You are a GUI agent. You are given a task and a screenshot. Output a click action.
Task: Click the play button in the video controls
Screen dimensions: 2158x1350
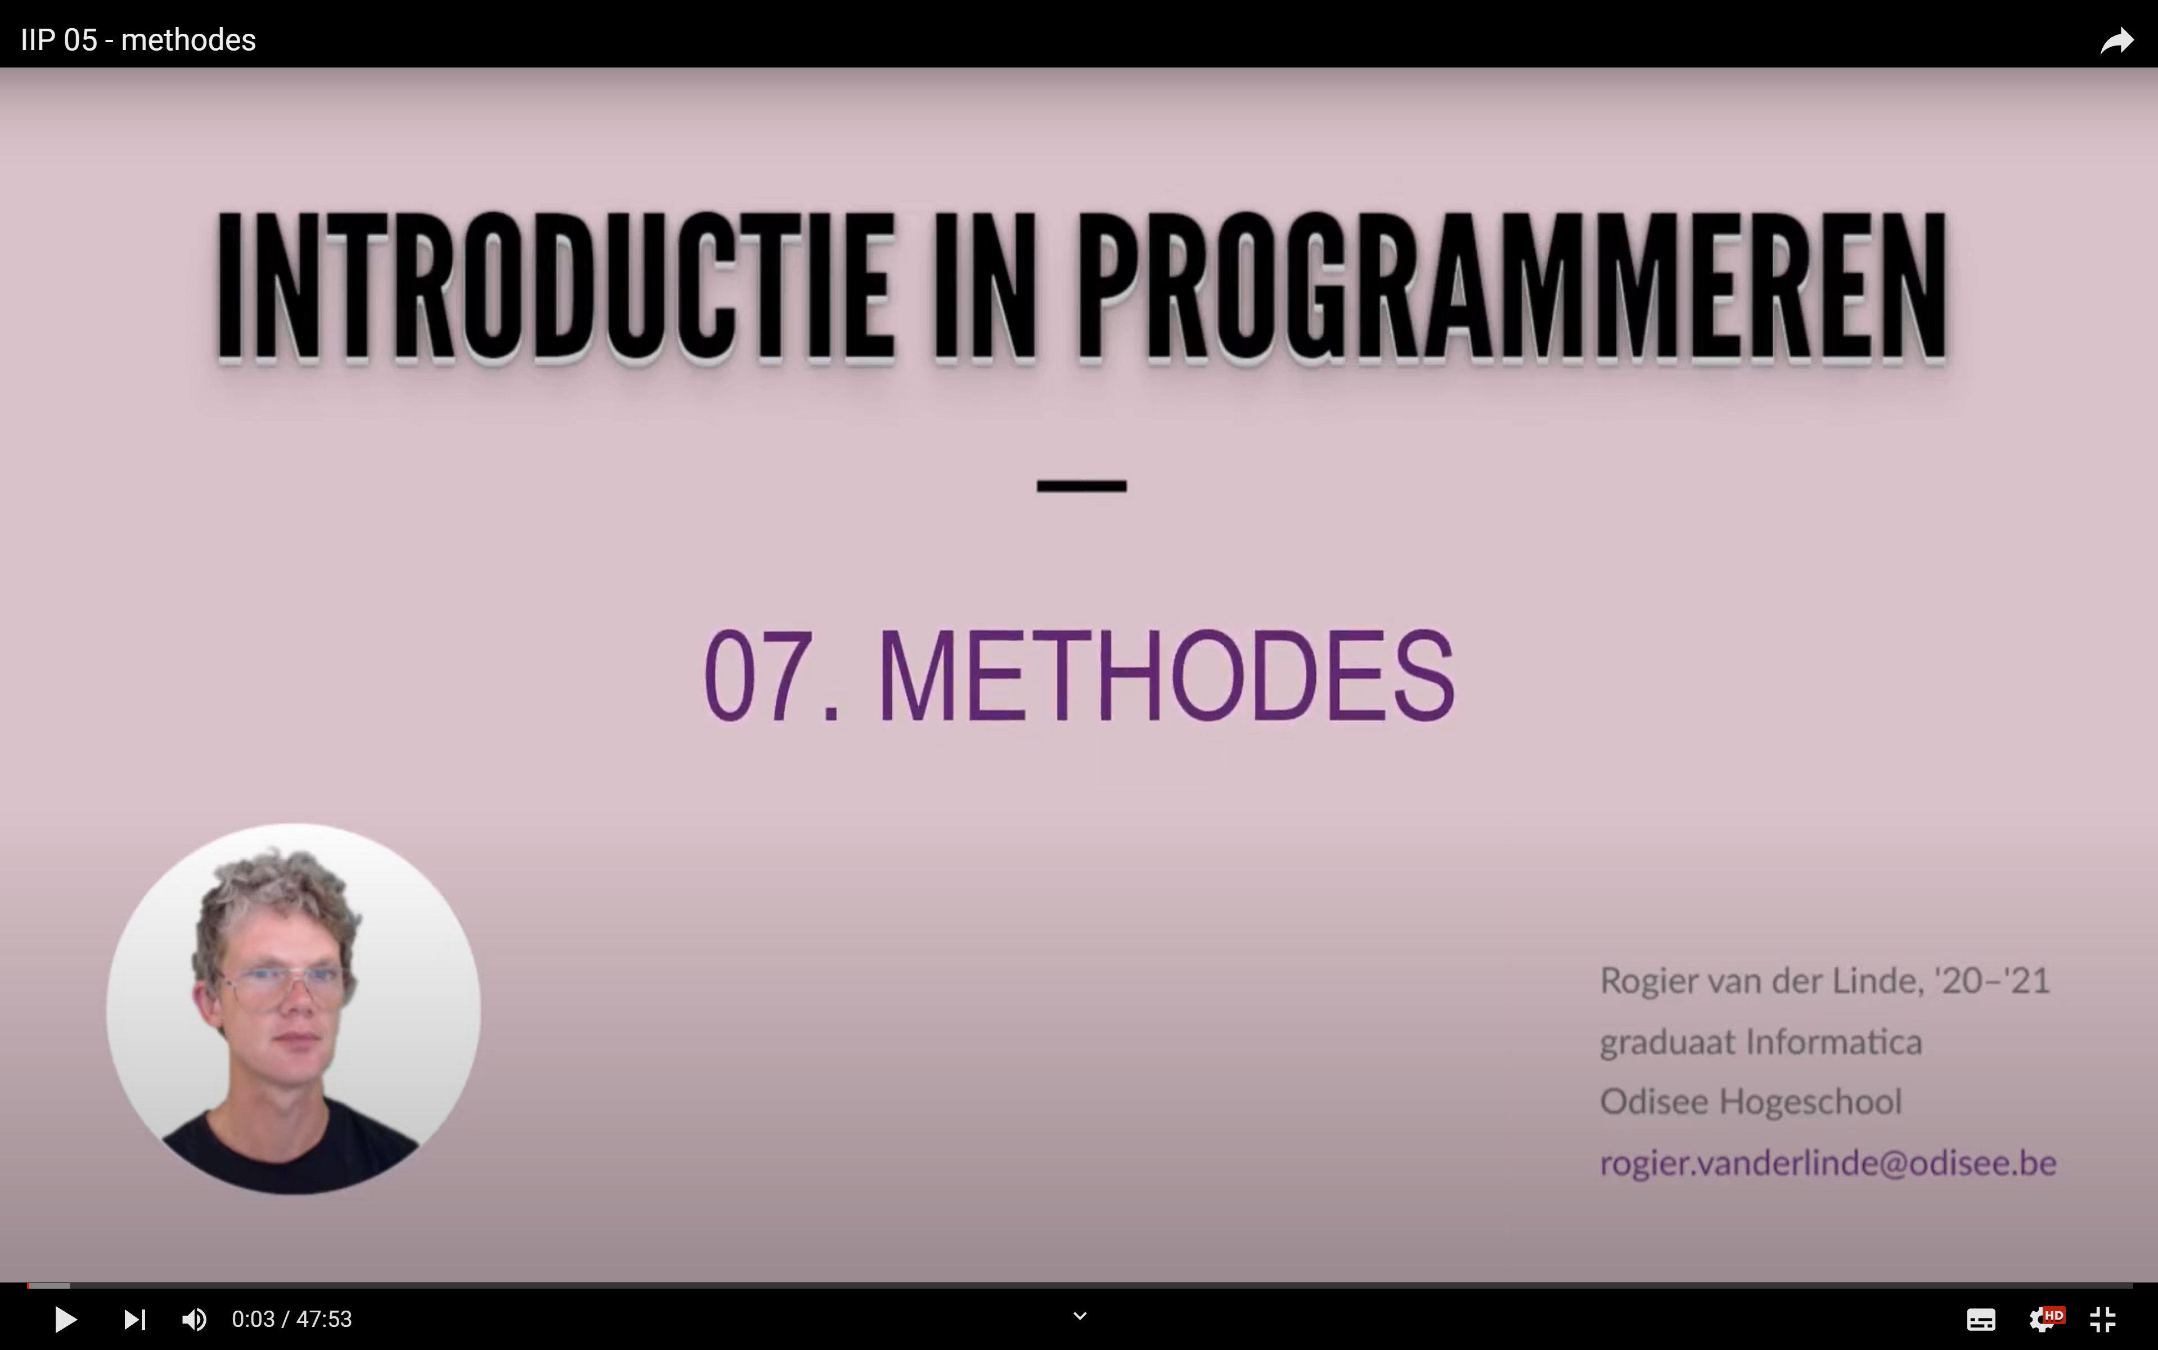[x=65, y=1318]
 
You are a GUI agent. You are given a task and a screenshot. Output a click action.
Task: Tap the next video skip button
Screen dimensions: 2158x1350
[x=135, y=1318]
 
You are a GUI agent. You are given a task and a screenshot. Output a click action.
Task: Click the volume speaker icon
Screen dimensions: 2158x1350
[x=194, y=1318]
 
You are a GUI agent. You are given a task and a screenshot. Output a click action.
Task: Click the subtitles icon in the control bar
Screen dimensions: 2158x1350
[x=1981, y=1318]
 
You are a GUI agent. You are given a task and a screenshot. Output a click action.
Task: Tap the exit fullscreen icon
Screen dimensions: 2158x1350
[x=2103, y=1318]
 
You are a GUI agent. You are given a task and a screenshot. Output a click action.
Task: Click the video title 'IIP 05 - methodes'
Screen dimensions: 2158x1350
[x=138, y=40]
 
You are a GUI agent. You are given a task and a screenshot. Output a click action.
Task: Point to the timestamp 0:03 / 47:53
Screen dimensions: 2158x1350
[x=292, y=1318]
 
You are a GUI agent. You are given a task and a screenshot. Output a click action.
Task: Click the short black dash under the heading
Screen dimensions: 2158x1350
[x=1081, y=485]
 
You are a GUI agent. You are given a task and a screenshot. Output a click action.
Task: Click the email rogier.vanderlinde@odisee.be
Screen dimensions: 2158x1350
[x=1828, y=1163]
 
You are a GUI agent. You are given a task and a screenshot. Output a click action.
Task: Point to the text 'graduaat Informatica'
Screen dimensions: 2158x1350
[x=1761, y=1042]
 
